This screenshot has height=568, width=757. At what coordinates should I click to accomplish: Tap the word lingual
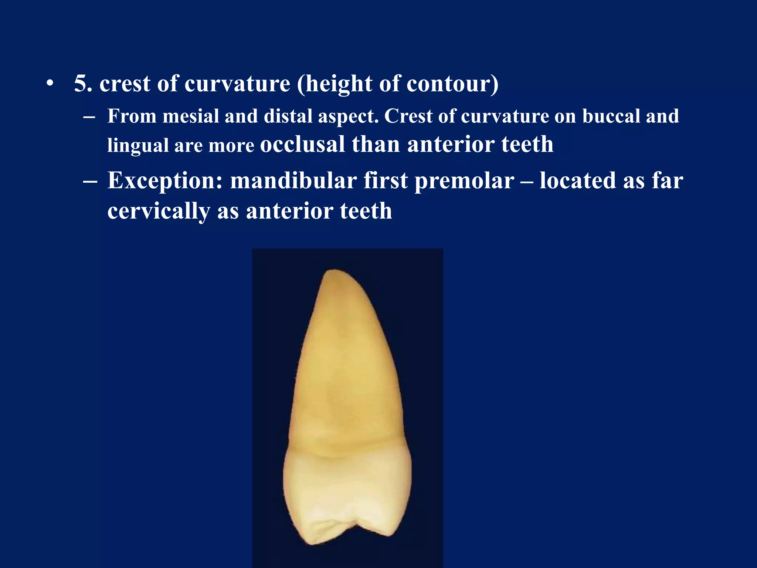(x=138, y=146)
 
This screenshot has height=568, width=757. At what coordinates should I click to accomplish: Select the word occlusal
(x=302, y=144)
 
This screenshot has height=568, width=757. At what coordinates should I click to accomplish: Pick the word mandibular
(x=293, y=181)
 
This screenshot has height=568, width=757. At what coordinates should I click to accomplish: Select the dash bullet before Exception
(x=90, y=182)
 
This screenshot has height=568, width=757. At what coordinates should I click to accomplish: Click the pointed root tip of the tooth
(x=335, y=272)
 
